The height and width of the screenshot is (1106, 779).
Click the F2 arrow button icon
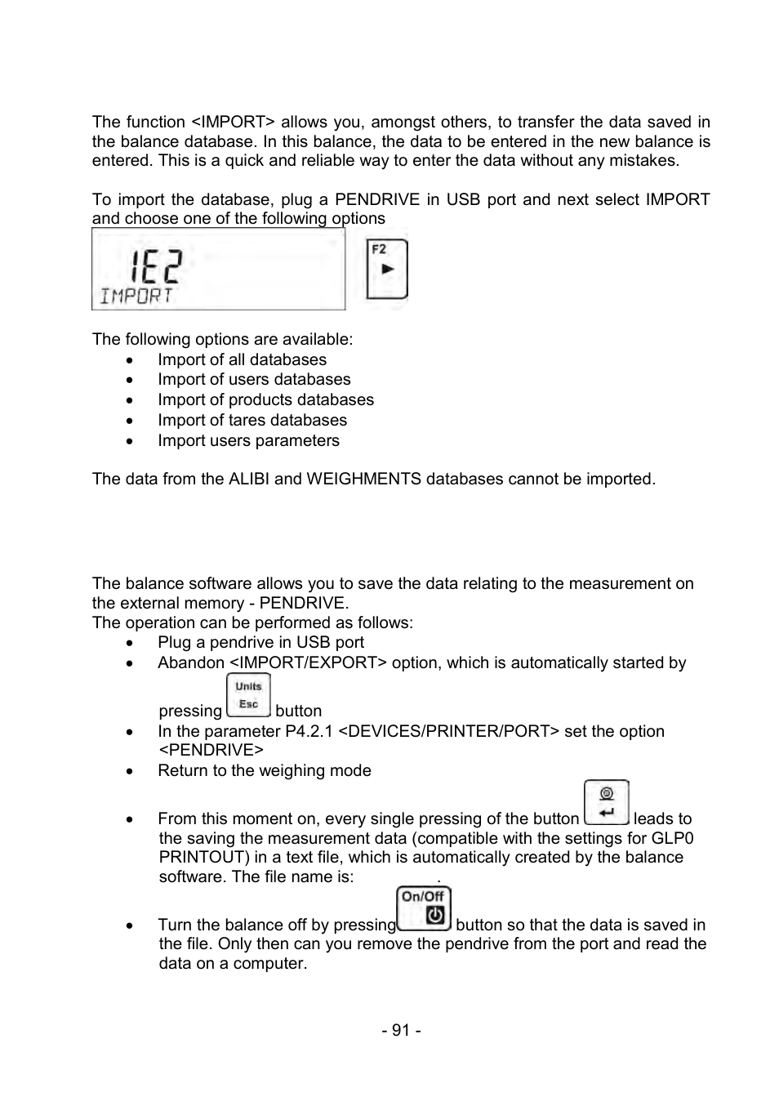pos(386,269)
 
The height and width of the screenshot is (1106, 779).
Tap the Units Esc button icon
pos(248,696)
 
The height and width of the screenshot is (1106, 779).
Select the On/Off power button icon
pos(423,908)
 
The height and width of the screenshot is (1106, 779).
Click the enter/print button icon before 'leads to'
pos(606,803)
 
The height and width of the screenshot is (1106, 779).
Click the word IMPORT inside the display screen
pos(136,296)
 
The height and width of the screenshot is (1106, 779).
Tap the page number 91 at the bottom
pos(400,1030)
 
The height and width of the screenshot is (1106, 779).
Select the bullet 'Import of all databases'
pos(242,360)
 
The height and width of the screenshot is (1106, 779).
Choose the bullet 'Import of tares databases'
pos(252,421)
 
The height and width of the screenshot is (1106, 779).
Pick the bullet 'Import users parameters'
pos(248,441)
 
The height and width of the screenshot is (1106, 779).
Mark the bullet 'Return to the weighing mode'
pos(264,771)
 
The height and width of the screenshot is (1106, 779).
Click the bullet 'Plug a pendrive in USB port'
pos(260,643)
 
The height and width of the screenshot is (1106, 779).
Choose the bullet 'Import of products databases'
pos(265,400)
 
